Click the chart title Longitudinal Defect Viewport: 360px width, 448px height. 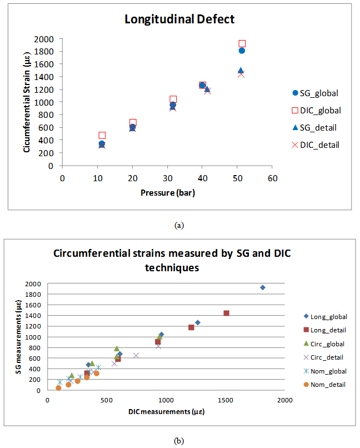pos(179,19)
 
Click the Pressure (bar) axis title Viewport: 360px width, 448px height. pos(167,193)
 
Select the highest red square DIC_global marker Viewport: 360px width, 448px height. pos(242,43)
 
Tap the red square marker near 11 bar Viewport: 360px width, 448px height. pos(102,135)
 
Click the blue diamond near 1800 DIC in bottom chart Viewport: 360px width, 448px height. pos(262,287)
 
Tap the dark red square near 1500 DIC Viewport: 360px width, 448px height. pos(226,313)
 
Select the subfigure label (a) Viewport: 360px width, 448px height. pos(179,225)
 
